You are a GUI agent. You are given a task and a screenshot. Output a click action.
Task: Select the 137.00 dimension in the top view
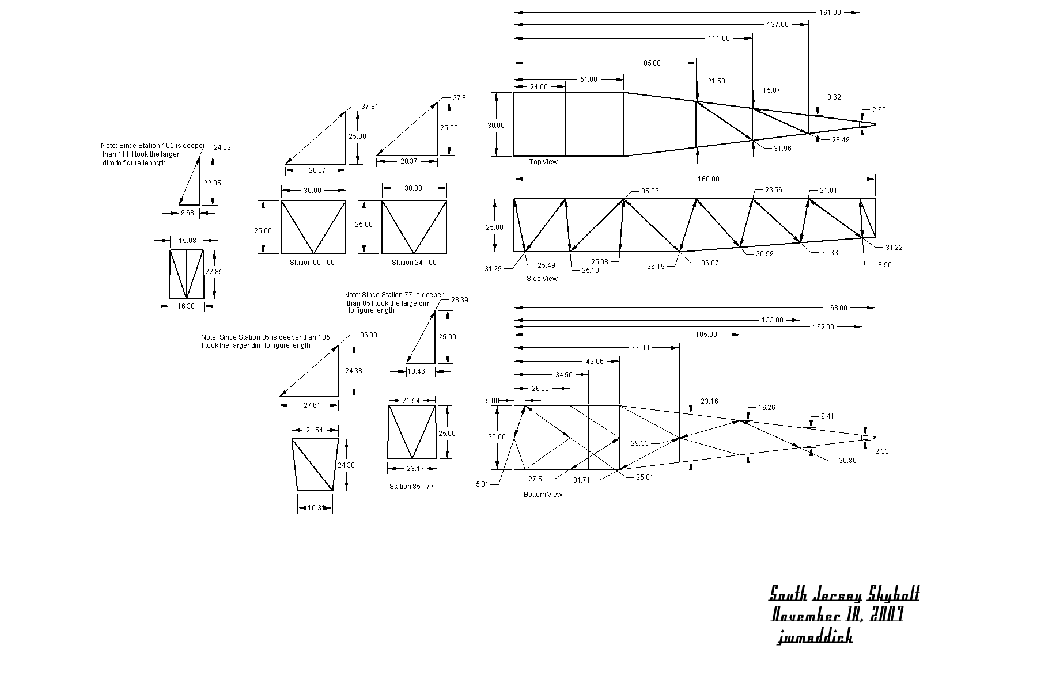pyautogui.click(x=777, y=25)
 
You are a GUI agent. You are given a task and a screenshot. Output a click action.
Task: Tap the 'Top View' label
pyautogui.click(x=543, y=162)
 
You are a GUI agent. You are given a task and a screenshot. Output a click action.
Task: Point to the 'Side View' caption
pyautogui.click(x=542, y=279)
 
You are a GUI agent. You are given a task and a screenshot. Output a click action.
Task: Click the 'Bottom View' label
pyautogui.click(x=543, y=495)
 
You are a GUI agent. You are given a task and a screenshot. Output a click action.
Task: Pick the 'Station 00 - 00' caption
pyautogui.click(x=312, y=263)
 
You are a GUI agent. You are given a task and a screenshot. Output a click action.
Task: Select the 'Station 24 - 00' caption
pyautogui.click(x=414, y=263)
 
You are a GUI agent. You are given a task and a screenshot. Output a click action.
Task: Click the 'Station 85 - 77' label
pyautogui.click(x=411, y=487)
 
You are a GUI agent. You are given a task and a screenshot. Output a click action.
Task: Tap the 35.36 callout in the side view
pyautogui.click(x=649, y=191)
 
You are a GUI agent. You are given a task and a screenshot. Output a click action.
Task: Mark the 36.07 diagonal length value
pyautogui.click(x=710, y=263)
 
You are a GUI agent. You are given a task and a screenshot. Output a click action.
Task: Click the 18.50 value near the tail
pyautogui.click(x=882, y=265)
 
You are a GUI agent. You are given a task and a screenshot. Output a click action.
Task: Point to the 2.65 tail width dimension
pyautogui.click(x=879, y=110)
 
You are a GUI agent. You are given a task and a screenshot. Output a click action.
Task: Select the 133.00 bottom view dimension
pyautogui.click(x=772, y=320)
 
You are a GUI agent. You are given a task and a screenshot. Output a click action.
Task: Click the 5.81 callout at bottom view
pyautogui.click(x=482, y=484)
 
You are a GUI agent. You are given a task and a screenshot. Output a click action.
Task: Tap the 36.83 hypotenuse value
pyautogui.click(x=369, y=335)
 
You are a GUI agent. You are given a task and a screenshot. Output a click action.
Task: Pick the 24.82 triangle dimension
pyautogui.click(x=222, y=147)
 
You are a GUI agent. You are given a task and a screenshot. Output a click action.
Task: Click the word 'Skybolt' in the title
pyautogui.click(x=894, y=594)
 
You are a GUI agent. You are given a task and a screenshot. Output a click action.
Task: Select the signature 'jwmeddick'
pyautogui.click(x=815, y=637)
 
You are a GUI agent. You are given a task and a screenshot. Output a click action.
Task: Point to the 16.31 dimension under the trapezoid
pyautogui.click(x=315, y=508)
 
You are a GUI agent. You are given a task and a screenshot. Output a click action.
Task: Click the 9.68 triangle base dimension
pyautogui.click(x=188, y=213)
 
